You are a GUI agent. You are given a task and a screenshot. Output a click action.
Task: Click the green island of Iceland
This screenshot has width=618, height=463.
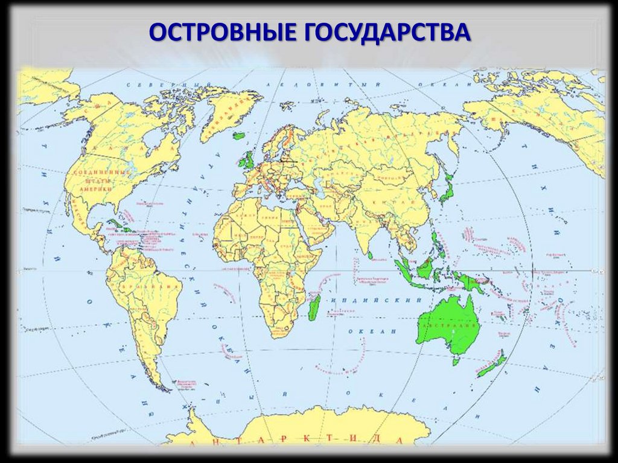[x=240, y=136]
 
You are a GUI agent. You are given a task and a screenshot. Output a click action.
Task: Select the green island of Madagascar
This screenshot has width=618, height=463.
[x=314, y=305]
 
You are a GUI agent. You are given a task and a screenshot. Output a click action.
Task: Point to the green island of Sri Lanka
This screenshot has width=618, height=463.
[x=370, y=255]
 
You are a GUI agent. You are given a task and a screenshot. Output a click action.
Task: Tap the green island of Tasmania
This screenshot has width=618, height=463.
[x=456, y=361]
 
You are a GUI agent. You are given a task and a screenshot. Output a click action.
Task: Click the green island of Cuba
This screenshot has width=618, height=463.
[x=119, y=227]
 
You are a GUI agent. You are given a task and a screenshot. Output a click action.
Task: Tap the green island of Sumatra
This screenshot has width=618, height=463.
[x=404, y=270]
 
